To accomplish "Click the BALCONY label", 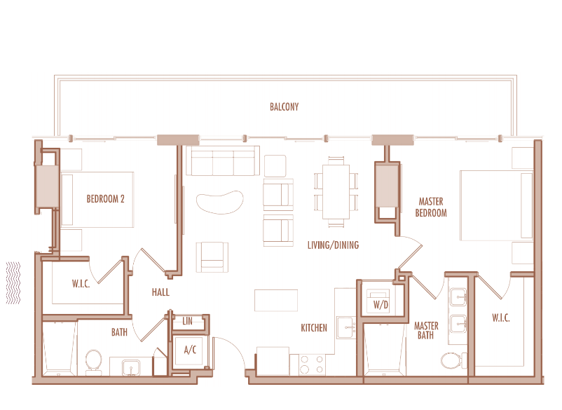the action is tap(285, 107).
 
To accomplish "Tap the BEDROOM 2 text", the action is tap(105, 199).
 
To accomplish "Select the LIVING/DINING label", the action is tap(333, 245).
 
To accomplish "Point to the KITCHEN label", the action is tap(314, 327).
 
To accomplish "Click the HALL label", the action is tap(160, 292).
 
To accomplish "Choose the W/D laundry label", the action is tap(381, 305).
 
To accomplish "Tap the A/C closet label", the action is tap(191, 350).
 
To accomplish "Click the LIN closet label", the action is tap(188, 321).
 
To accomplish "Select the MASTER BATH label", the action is tap(426, 330).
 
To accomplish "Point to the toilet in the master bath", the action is tap(454, 360).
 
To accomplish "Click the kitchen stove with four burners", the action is tap(312, 364).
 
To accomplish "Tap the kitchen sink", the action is tap(346, 327).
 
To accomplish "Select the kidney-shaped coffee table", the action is tap(219, 202).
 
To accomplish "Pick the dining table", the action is tap(336, 191).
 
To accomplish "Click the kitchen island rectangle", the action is tap(276, 301).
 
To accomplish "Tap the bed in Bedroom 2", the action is tap(97, 200).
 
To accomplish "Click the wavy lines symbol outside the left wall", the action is tap(13, 282).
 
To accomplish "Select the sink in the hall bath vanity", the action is tap(131, 368).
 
